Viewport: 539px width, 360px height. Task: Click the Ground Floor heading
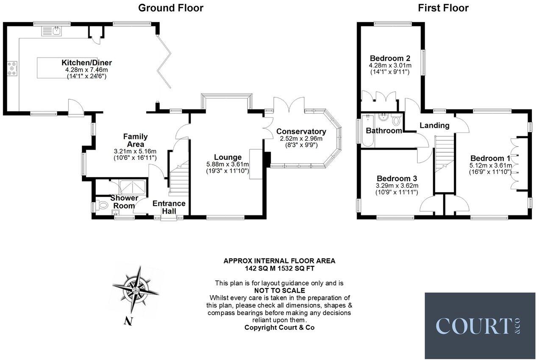[x=171, y=8]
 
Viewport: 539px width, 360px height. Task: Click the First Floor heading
[x=443, y=8]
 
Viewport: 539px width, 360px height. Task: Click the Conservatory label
[x=301, y=131]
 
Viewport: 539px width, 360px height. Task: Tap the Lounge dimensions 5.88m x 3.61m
[x=227, y=165]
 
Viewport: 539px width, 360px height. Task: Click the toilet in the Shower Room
[x=102, y=206]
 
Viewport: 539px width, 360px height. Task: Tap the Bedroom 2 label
[x=390, y=59]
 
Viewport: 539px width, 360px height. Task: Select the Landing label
[x=434, y=126]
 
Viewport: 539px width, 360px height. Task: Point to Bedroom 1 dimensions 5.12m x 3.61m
[x=491, y=165]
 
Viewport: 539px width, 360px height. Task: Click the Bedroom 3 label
[x=397, y=178]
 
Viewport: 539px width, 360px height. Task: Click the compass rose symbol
[x=136, y=290]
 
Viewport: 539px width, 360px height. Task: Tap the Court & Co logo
[x=480, y=326]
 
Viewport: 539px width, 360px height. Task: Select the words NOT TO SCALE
[x=279, y=290]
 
